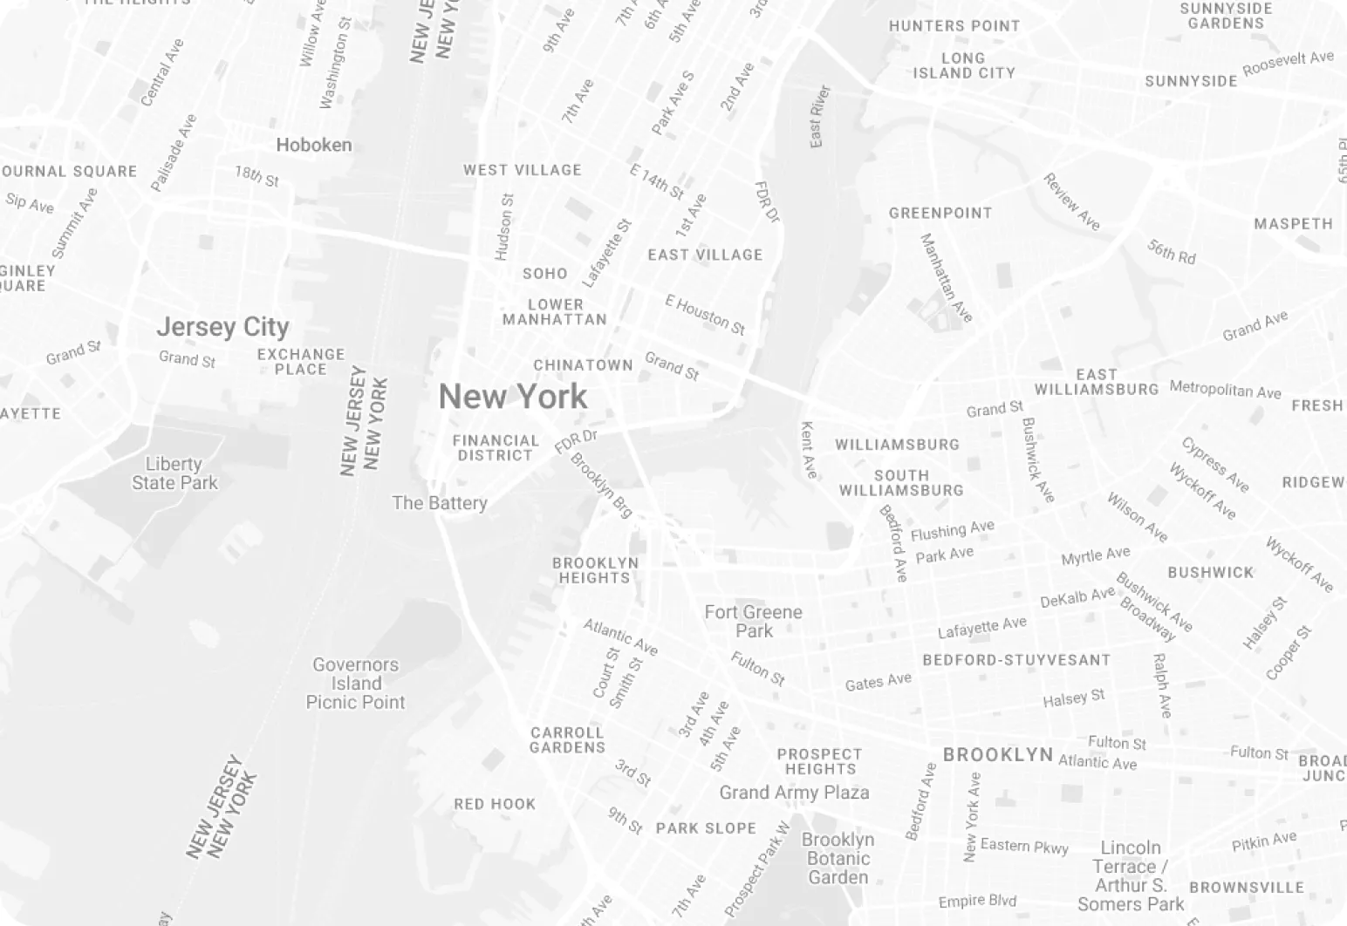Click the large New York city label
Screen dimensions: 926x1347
513,397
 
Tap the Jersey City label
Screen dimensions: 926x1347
222,327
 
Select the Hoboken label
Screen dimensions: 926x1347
314,145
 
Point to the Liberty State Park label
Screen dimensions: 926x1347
174,473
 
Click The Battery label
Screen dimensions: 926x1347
439,503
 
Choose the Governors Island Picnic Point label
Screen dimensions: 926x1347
355,684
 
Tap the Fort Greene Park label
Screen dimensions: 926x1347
753,621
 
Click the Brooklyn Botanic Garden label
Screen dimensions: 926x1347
838,858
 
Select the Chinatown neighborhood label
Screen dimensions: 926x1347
583,365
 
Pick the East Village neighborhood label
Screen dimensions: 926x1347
705,255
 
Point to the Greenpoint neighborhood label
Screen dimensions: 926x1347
940,213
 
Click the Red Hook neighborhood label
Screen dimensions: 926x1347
495,804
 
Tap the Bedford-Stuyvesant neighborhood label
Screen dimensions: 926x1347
1016,660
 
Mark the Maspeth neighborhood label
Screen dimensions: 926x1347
1293,224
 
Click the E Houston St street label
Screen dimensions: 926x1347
705,315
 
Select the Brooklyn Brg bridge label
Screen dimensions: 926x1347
601,485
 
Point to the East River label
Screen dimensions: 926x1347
818,117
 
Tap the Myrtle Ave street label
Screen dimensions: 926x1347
1095,555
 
